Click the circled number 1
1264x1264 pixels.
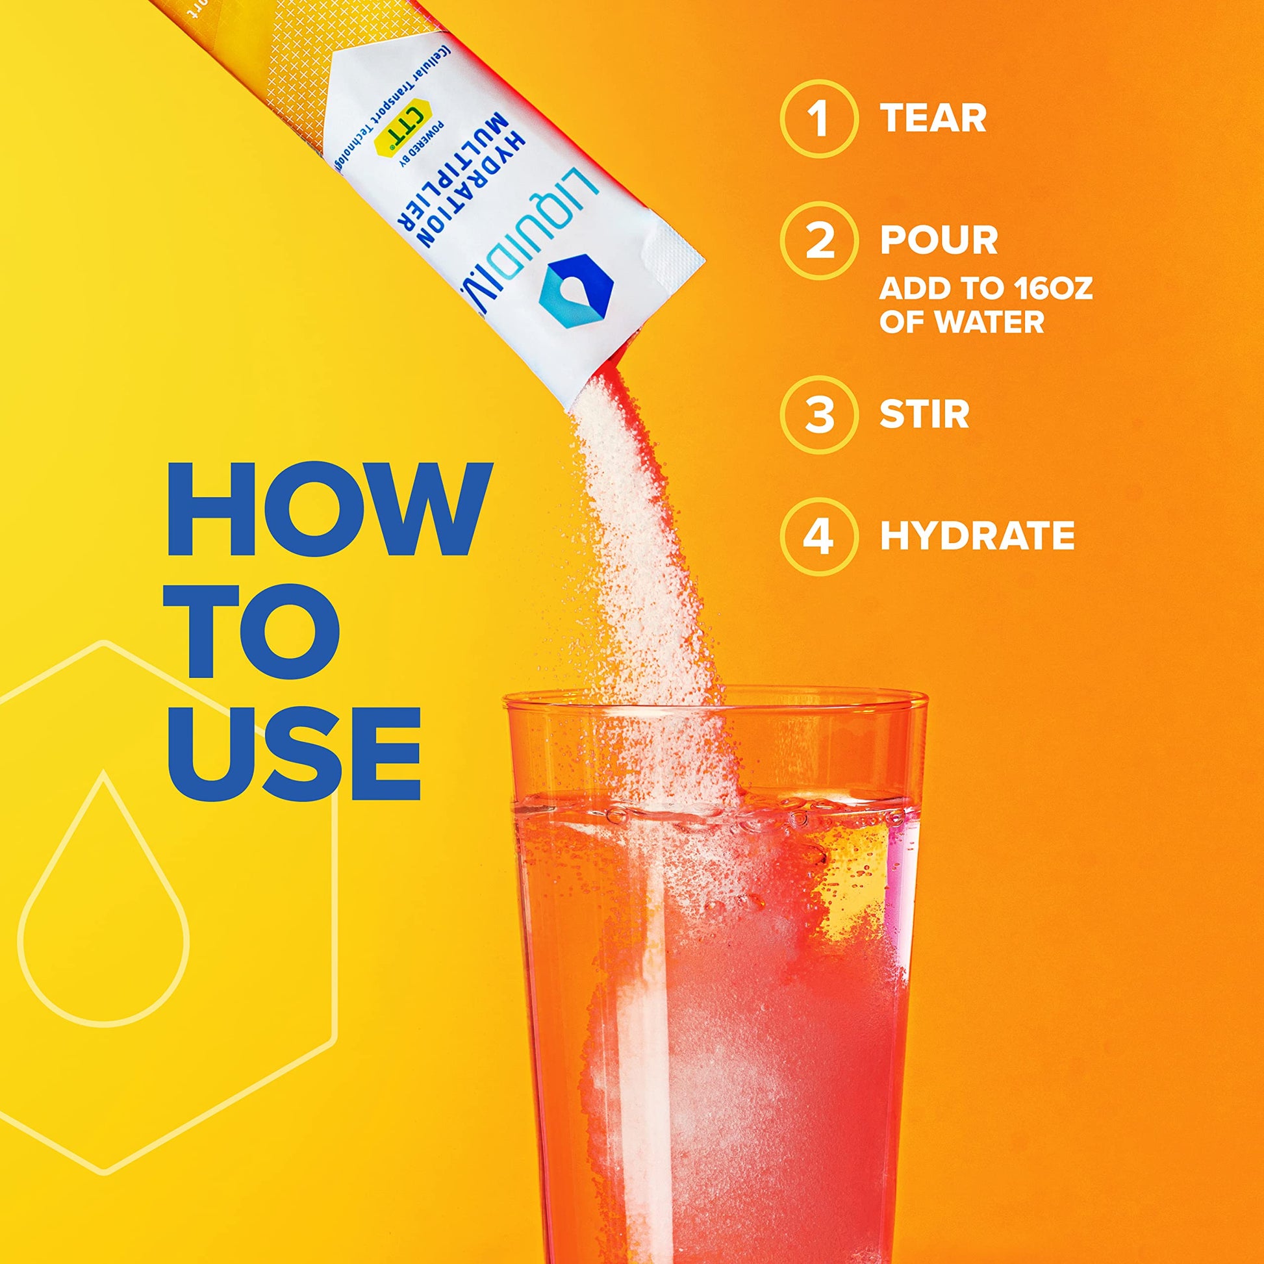pyautogui.click(x=818, y=118)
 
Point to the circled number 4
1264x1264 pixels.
pyautogui.click(x=818, y=535)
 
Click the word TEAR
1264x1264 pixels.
pyautogui.click(x=933, y=118)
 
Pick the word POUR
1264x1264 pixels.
pyautogui.click(x=939, y=240)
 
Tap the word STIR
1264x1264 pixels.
pyautogui.click(x=924, y=415)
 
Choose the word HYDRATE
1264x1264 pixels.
pyautogui.click(x=978, y=535)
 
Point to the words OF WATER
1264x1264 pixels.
pyautogui.click(x=961, y=322)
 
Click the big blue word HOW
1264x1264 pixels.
pyautogui.click(x=329, y=510)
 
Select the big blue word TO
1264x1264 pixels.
pyautogui.click(x=254, y=631)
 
